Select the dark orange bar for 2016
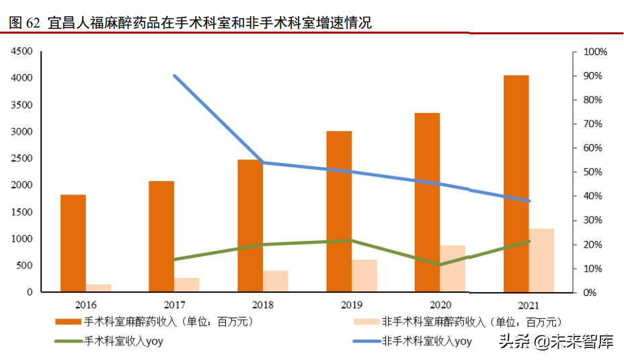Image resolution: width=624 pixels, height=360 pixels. point(73,243)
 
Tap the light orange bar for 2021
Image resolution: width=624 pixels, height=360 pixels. point(542,260)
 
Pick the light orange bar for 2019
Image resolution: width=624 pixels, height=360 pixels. point(364,276)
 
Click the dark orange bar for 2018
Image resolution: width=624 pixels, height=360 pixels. point(250,225)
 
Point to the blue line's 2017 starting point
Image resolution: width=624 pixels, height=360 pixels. point(174,76)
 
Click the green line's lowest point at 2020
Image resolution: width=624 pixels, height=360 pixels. point(440,264)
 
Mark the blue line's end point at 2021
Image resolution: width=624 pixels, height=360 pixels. point(529,201)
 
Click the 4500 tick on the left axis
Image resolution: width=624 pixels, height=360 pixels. point(22,51)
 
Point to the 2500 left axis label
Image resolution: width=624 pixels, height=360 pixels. point(22,158)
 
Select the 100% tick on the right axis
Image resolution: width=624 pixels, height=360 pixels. point(595,52)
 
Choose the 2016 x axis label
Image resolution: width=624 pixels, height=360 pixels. point(85,305)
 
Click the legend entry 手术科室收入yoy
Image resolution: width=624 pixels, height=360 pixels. point(124,341)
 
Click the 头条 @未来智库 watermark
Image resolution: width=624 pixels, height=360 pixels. point(555,342)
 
